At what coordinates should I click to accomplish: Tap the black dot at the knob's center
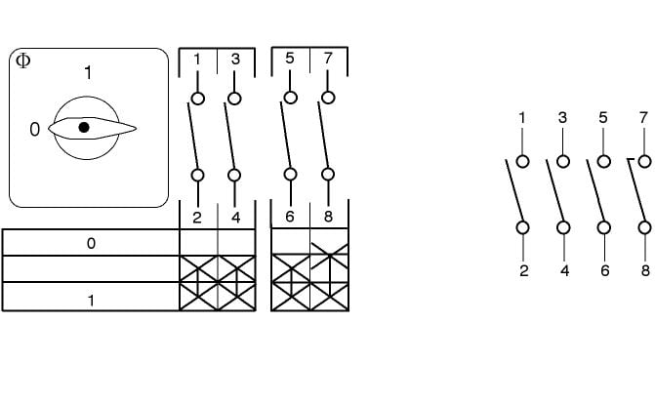[x=84, y=127]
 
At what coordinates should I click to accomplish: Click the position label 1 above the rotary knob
[x=89, y=72]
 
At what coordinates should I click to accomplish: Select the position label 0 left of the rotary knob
[x=35, y=129]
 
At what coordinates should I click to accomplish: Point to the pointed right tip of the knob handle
[x=135, y=129]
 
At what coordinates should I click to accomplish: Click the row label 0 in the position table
[x=91, y=243]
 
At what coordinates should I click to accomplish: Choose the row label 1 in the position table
[x=91, y=301]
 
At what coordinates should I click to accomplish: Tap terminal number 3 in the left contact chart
[x=235, y=60]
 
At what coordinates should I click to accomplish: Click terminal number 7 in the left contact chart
[x=328, y=60]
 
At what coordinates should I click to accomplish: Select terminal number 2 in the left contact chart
[x=197, y=217]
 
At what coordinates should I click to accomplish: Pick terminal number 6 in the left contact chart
[x=290, y=217]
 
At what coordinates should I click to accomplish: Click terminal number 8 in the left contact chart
[x=328, y=217]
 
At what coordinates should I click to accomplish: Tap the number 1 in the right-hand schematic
[x=523, y=118]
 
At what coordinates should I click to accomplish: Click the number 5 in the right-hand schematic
[x=603, y=118]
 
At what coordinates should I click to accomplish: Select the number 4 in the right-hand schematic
[x=564, y=271]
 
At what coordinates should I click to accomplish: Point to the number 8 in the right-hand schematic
[x=644, y=271]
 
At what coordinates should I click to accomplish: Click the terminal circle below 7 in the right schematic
[x=644, y=161]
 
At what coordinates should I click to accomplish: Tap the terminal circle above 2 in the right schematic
[x=523, y=227]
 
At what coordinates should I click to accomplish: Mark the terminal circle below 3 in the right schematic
[x=563, y=161]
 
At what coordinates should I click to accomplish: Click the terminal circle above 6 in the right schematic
[x=603, y=227]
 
